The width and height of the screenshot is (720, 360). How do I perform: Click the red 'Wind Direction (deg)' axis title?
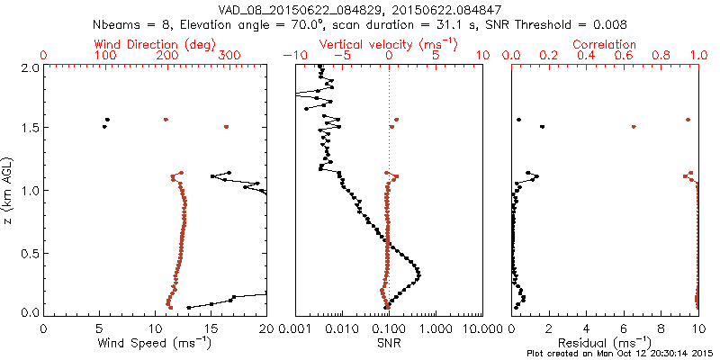[155, 44]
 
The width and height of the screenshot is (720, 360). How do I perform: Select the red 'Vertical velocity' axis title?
[388, 44]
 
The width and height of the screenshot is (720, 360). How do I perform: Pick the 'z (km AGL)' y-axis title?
[9, 190]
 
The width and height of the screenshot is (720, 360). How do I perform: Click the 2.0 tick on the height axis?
[29, 67]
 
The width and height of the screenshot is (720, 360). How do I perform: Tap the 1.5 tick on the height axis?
[29, 129]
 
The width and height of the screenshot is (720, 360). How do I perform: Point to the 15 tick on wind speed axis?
[211, 328]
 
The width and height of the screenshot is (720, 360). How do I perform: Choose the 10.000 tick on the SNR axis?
[481, 328]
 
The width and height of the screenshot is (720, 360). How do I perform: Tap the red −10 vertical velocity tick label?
[293, 56]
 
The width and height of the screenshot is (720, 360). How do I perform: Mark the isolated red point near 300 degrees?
[226, 127]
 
